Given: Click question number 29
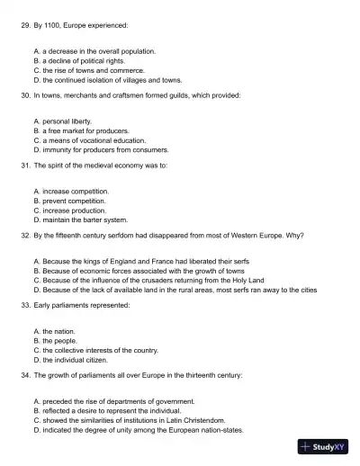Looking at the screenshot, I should (x=24, y=27).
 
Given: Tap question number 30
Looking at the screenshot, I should (x=24, y=94).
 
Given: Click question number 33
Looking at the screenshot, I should (x=24, y=306).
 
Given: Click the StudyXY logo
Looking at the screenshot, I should (x=323, y=447).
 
